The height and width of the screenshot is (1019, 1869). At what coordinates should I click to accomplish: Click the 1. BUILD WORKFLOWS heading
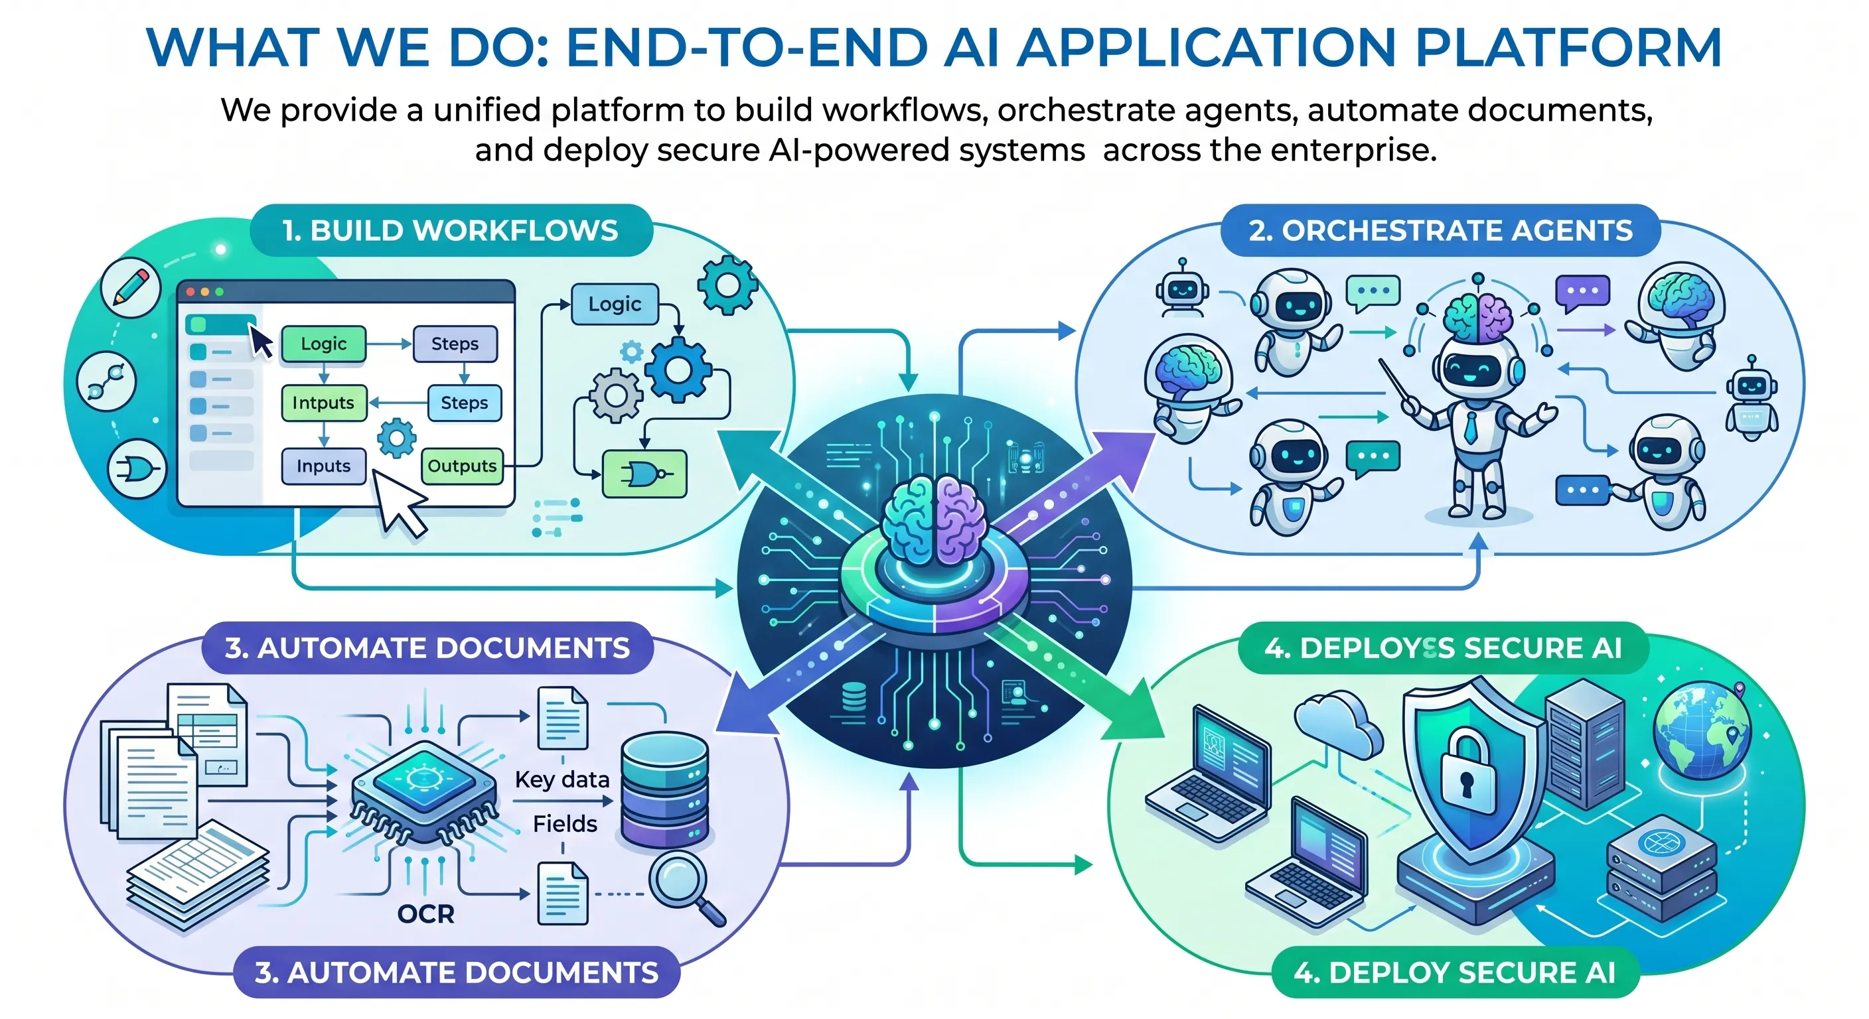point(450,231)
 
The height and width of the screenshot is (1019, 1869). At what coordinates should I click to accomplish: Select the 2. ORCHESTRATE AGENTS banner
point(1440,231)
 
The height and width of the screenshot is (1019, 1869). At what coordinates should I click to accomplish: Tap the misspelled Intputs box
point(324,403)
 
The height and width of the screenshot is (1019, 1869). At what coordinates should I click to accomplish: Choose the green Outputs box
point(462,466)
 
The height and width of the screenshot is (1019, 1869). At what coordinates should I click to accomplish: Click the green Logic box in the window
point(324,344)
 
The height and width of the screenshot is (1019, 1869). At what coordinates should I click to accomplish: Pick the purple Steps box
point(455,344)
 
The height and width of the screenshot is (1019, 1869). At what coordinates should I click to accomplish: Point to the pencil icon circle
point(131,288)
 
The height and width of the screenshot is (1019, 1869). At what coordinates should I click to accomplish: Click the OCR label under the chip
point(426,914)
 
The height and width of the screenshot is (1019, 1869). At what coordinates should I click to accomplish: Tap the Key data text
point(562,780)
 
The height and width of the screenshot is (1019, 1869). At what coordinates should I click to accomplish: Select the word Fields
point(564,824)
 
